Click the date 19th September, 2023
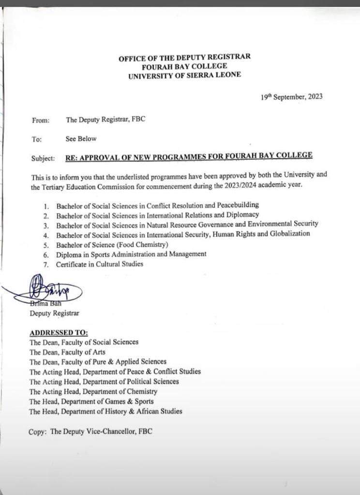tap(291, 97)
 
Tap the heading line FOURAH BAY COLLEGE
tap(184, 66)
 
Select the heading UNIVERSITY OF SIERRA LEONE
tap(184, 75)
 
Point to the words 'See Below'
tap(81, 139)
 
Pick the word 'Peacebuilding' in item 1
tap(238, 205)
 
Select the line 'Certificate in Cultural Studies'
tap(100, 264)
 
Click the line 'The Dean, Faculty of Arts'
tap(67, 352)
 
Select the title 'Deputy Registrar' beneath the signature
tap(55, 313)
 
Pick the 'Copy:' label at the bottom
tap(38, 431)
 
